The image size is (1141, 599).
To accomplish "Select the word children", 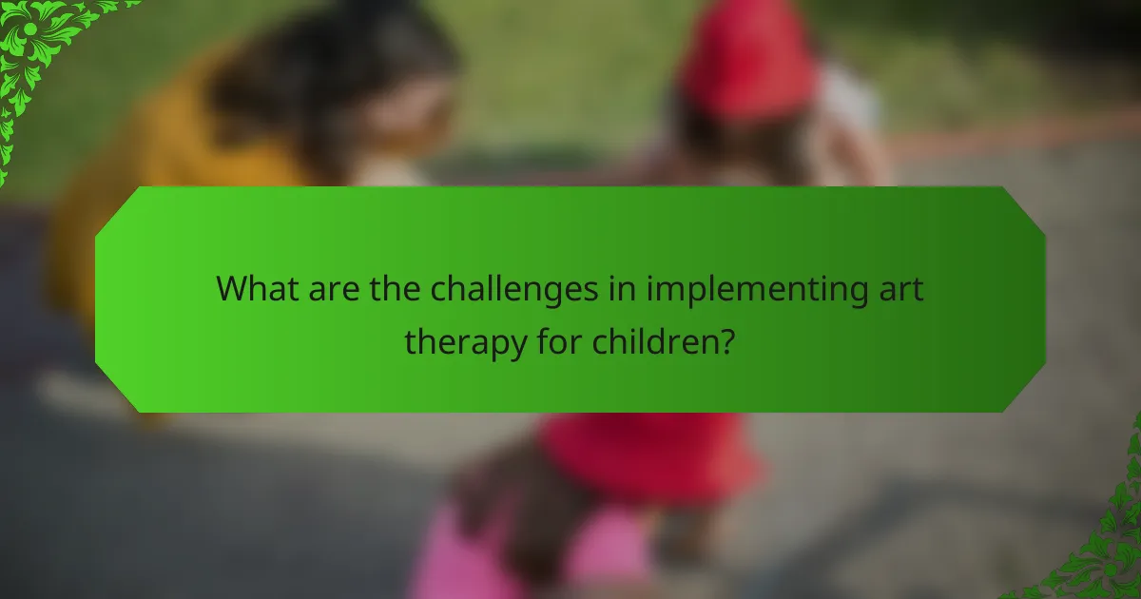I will pos(652,339).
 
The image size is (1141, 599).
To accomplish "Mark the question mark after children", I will pos(725,339).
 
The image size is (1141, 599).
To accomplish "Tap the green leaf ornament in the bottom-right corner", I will pos(1103,551).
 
